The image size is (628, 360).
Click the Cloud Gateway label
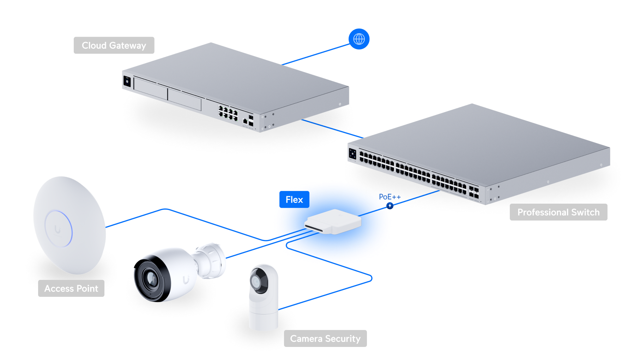tap(114, 46)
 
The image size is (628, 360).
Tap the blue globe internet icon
tap(359, 39)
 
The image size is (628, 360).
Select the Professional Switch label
tap(558, 212)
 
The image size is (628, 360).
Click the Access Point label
tap(71, 288)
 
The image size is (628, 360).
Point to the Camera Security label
tap(325, 338)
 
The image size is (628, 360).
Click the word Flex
tap(294, 200)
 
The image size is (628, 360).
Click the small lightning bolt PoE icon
tap(390, 205)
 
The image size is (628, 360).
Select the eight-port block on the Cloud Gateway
tap(228, 112)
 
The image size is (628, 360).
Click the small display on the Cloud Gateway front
tap(127, 82)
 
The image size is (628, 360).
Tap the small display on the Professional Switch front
tap(352, 154)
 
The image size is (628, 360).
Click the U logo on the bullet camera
tap(186, 280)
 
